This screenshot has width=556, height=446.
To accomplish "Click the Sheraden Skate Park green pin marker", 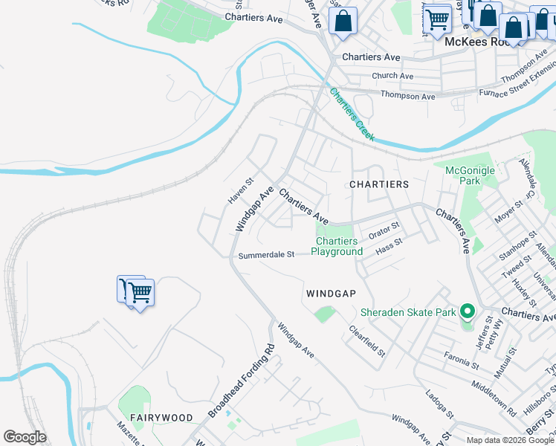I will tap(467, 311).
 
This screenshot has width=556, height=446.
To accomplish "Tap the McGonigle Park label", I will tap(470, 175).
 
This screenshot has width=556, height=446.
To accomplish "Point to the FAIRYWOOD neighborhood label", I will tap(161, 418).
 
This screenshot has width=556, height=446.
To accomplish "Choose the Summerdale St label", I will tap(266, 255).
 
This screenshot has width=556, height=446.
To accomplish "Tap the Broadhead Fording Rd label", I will tap(241, 381).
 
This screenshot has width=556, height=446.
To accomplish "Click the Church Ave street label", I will tap(392, 76).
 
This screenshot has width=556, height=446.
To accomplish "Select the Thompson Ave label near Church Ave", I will tap(407, 96).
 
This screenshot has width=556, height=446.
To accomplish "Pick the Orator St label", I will tap(384, 230).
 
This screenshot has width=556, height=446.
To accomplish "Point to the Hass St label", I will tap(389, 247).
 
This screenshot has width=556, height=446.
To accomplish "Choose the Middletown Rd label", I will tap(492, 398).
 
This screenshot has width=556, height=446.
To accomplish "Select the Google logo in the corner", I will tap(25, 437).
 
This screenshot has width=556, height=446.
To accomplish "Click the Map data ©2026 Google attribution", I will tap(510, 440).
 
